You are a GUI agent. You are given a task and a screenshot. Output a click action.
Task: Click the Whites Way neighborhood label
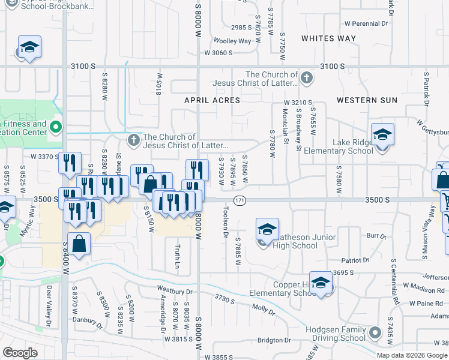(x=328, y=38)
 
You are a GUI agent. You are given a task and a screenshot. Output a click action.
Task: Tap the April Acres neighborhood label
(x=212, y=100)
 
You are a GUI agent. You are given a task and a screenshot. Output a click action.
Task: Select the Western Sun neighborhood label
(x=367, y=100)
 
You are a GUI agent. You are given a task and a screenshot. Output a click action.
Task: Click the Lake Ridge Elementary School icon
(x=382, y=136)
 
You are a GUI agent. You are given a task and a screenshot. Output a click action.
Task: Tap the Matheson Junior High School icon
(x=267, y=230)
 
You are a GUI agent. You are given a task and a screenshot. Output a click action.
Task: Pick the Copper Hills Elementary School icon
(x=321, y=282)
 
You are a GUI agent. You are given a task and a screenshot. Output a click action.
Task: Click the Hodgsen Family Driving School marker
(x=375, y=332)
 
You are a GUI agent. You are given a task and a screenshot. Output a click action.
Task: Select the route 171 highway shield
(x=239, y=200)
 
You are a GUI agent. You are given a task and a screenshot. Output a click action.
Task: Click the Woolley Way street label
(x=233, y=41)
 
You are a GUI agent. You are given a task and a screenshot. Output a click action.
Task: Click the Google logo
(x=20, y=352)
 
